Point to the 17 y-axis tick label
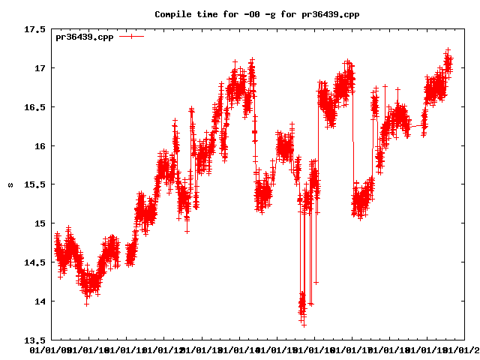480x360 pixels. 39,68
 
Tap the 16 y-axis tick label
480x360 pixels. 39,146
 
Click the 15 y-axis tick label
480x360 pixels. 39,223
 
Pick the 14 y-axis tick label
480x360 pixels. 39,301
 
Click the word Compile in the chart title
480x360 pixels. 173,14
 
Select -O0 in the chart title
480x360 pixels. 251,14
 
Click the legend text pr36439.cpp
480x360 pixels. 85,36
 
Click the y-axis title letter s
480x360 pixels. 10,185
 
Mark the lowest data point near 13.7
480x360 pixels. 304,325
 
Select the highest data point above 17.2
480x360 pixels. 448,50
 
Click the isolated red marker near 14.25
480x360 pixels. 316,282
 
